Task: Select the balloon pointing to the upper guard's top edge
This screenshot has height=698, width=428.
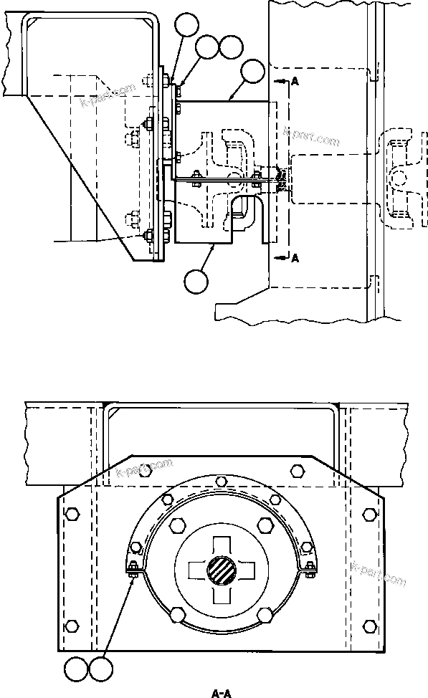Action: (253, 72)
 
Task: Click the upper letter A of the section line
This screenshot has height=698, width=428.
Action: (295, 82)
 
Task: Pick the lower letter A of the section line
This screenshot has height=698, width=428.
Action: (295, 259)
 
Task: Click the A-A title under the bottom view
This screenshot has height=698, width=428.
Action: (220, 692)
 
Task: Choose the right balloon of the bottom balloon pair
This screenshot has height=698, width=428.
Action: (101, 671)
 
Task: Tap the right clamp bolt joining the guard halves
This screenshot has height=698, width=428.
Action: (309, 570)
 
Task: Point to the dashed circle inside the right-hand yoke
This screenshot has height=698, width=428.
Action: (399, 174)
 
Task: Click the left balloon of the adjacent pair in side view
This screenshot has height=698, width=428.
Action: (207, 47)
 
